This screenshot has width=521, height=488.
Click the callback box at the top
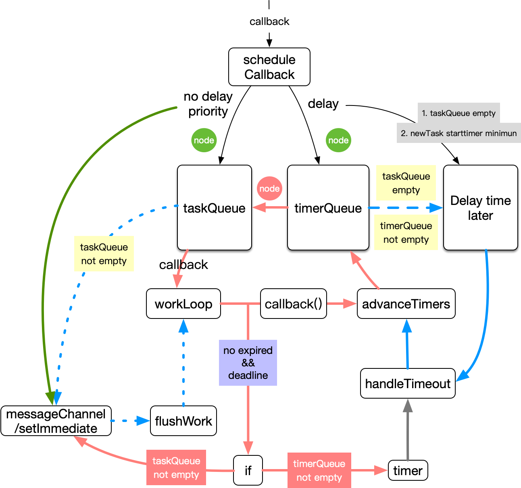click(269, 21)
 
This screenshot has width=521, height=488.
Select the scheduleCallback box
click(269, 67)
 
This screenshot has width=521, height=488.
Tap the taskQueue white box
click(214, 208)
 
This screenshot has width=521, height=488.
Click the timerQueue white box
click(328, 208)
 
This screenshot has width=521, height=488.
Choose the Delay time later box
click(480, 208)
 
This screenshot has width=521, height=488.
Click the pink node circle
click(269, 188)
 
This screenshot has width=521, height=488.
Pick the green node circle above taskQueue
click(204, 140)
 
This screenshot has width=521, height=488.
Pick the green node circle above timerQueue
click(338, 140)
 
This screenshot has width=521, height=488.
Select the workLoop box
click(183, 304)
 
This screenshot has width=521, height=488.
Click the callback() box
click(293, 304)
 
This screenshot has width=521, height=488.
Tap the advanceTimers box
click(406, 304)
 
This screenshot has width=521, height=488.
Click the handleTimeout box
click(407, 383)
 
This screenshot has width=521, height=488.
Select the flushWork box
click(183, 421)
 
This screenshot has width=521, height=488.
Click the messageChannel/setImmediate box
click(56, 421)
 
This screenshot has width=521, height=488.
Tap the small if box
click(248, 470)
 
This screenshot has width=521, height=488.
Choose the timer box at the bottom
click(408, 470)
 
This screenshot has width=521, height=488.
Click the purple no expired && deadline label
click(248, 363)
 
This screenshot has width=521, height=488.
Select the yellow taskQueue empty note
click(406, 183)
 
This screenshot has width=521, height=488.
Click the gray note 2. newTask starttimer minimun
click(458, 133)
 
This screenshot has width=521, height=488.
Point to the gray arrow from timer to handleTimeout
click(408, 431)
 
